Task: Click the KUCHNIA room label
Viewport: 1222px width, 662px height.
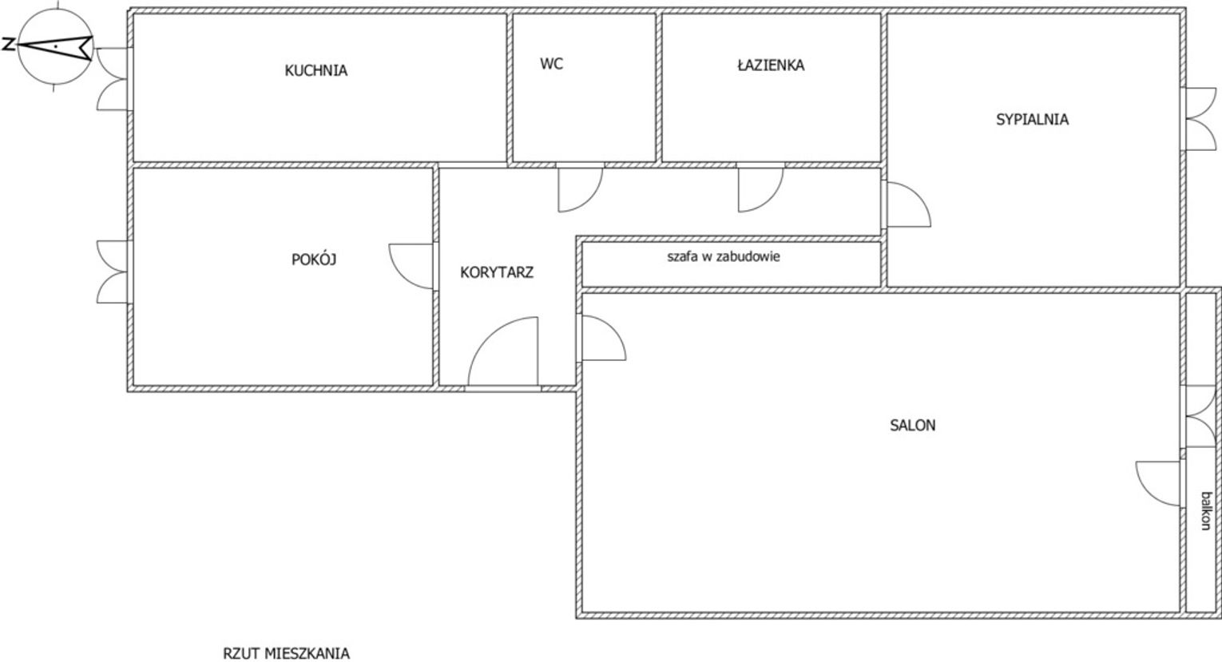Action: click(x=315, y=70)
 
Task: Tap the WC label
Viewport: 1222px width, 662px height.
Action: click(x=552, y=64)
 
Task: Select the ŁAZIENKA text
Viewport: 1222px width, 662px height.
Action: click(x=770, y=65)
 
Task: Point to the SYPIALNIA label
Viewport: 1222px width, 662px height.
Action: click(x=1032, y=120)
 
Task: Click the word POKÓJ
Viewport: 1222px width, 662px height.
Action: click(x=314, y=259)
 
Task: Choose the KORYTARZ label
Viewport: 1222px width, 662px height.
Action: click(x=497, y=272)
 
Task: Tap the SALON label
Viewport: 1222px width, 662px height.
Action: click(x=913, y=425)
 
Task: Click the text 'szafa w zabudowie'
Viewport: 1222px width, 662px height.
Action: click(x=724, y=256)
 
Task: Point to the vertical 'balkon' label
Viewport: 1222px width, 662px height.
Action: click(x=1206, y=510)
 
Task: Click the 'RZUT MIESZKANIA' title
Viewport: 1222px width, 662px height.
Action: click(x=287, y=652)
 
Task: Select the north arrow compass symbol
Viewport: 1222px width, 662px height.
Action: click(x=55, y=47)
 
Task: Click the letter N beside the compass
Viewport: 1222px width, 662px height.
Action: click(x=8, y=44)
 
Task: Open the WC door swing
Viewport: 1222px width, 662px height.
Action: click(x=581, y=188)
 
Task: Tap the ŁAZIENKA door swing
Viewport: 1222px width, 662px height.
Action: click(x=760, y=188)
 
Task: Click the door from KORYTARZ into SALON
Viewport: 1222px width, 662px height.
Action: click(x=602, y=338)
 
